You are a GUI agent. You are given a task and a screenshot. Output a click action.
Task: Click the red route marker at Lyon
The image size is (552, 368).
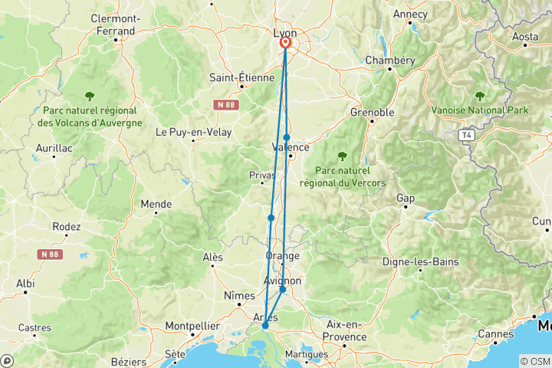click(x=285, y=44)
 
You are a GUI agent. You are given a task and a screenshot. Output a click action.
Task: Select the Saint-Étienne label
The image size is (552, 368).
click(x=242, y=77)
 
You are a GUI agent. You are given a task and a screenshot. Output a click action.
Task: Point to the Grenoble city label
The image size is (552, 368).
click(x=373, y=112)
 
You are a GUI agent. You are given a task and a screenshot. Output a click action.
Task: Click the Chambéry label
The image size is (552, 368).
click(x=390, y=60)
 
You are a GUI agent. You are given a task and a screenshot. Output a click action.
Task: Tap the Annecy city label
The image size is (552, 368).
click(x=410, y=14)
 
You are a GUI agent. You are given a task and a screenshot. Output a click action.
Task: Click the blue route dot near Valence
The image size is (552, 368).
click(x=287, y=138)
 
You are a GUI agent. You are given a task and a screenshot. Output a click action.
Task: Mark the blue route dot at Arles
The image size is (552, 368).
click(x=265, y=326)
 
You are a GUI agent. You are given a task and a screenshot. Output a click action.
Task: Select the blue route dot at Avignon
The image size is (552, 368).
click(x=283, y=290)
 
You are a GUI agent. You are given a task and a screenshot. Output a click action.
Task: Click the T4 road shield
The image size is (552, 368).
click(x=466, y=135)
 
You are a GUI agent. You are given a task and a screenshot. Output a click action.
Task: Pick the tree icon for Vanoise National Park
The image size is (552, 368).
click(x=481, y=97)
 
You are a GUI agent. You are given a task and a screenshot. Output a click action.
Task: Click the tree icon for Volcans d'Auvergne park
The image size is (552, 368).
click(x=90, y=97)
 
